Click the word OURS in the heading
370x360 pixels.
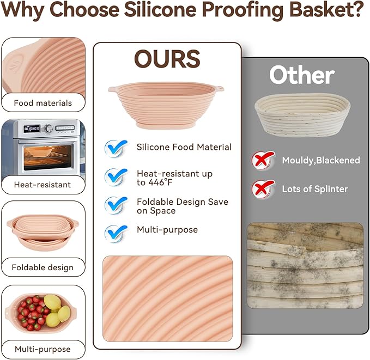[167, 59]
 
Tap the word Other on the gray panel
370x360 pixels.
[301, 75]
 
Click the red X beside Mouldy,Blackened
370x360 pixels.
[262, 160]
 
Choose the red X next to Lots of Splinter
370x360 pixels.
[262, 189]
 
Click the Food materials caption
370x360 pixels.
[43, 103]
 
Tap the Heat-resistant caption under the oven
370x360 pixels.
[43, 185]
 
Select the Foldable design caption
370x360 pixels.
[43, 267]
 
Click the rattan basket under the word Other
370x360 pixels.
[302, 113]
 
